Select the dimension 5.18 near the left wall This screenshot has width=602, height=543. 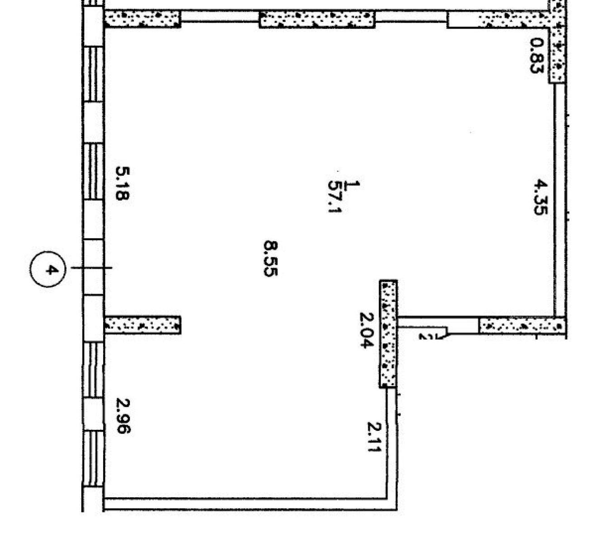(x=123, y=183)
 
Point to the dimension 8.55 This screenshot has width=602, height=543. (x=270, y=258)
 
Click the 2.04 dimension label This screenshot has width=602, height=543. (x=366, y=330)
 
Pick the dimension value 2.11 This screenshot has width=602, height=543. (x=374, y=437)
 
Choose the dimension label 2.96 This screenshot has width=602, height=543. (x=123, y=416)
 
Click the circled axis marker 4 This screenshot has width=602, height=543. (x=47, y=269)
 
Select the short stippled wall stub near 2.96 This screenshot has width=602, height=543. (x=142, y=325)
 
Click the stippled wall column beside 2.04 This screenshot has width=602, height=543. (x=389, y=333)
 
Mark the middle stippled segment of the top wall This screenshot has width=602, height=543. (x=317, y=19)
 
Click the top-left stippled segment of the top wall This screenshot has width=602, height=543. (x=142, y=19)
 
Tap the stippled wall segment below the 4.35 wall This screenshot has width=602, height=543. (x=522, y=325)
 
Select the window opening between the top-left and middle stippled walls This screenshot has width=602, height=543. (x=220, y=17)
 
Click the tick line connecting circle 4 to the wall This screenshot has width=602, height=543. (x=91, y=267)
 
